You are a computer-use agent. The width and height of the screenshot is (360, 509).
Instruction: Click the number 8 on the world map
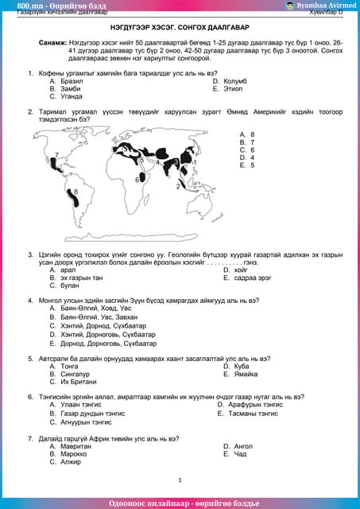pyautogui.click(x=76, y=192)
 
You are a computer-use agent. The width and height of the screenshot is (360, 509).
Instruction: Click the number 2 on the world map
pyautogui.click(x=178, y=186)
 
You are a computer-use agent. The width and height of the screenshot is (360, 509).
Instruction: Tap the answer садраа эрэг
pyautogui.click(x=254, y=278)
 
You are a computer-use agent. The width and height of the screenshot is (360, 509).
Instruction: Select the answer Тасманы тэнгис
pyautogui.click(x=253, y=414)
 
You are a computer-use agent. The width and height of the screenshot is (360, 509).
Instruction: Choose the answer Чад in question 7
pyautogui.click(x=239, y=454)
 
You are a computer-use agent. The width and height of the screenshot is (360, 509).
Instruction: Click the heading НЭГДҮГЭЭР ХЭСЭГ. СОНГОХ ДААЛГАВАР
pyautogui.click(x=180, y=26)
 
